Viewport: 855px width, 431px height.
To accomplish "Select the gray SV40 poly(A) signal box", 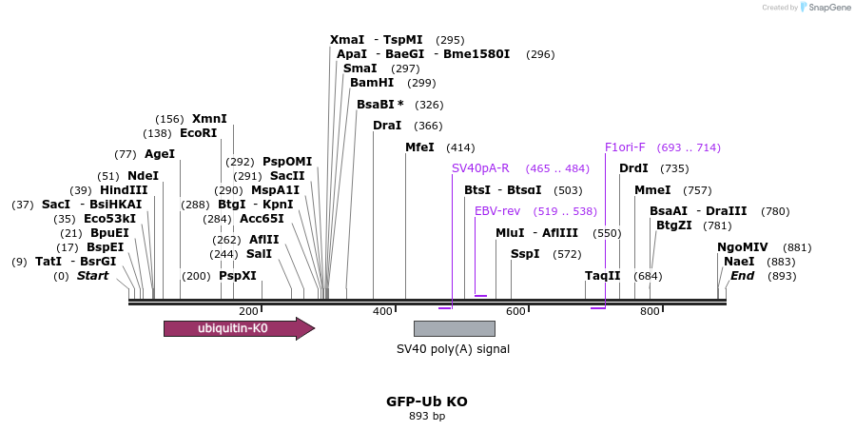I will pos(454,328).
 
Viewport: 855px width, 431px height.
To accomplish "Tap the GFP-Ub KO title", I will pos(426,402).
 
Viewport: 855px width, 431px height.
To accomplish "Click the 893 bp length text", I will pos(426,416).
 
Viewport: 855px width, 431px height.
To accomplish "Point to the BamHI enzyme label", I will pos(372,83).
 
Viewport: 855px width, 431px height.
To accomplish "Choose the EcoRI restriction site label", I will pos(199,133).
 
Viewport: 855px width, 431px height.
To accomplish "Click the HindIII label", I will pos(124,190).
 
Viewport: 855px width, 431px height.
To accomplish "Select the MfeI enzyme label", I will pos(419,147).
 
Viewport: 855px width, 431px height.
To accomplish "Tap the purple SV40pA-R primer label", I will pos(480,168).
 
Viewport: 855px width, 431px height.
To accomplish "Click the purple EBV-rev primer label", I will pos(497,211).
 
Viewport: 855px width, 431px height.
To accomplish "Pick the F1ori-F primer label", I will pos(625,147).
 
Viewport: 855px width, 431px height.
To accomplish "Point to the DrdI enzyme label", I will pos(633,168).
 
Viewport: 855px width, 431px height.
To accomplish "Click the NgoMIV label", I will pos(743,247).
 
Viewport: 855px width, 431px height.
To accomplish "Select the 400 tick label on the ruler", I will pos(382,311).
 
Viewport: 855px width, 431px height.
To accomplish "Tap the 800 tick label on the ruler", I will pos(650,311).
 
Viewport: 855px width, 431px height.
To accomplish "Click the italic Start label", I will pos(92,276).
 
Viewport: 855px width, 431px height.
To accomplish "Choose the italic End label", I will pos(742,276).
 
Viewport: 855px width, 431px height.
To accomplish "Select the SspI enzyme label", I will pos(525,254).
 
